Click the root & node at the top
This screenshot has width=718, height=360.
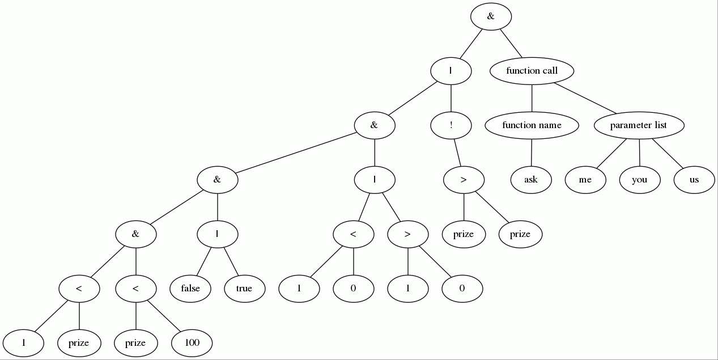tap(491, 16)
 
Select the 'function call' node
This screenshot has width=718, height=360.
tap(532, 71)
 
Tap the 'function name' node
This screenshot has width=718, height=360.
tap(532, 125)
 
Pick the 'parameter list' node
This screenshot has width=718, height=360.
tap(639, 125)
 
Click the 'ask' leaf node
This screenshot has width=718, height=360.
tap(531, 180)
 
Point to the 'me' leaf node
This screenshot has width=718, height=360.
tap(585, 180)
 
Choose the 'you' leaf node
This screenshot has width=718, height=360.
tap(640, 180)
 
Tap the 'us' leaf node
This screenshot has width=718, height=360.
tap(694, 180)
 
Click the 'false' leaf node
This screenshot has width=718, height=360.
tap(190, 289)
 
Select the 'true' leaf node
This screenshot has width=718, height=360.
tap(244, 289)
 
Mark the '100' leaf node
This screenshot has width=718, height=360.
tap(193, 343)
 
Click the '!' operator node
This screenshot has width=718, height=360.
tap(451, 125)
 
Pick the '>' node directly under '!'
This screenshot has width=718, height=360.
tap(464, 180)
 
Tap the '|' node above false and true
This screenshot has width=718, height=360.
tap(218, 234)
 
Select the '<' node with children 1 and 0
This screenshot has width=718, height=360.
tap(353, 234)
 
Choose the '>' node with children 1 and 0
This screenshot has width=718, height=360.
tap(407, 234)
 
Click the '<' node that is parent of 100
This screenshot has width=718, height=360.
tap(135, 289)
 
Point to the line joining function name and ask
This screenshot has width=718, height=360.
tap(532, 153)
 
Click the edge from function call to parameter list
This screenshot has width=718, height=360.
tap(585, 98)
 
